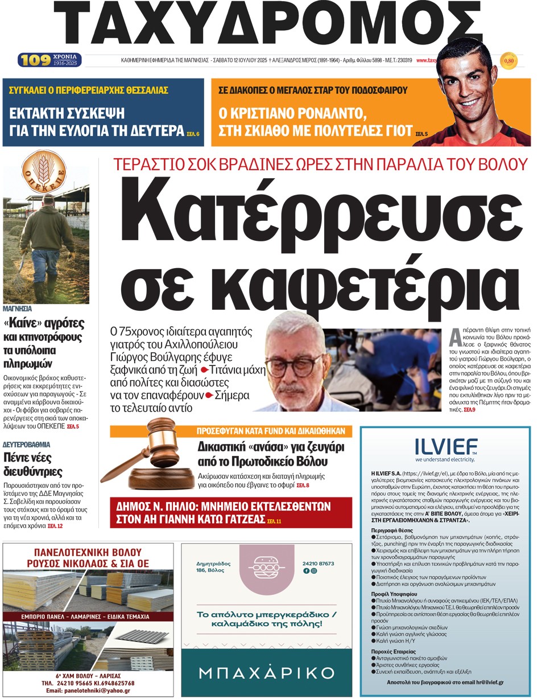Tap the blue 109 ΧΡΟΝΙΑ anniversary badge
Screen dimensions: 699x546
(50, 60)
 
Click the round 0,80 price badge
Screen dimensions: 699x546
(508, 60)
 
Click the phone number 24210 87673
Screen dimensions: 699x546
(318, 564)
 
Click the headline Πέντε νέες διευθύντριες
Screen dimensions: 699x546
(33, 466)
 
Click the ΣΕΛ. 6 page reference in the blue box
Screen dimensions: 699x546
(193, 134)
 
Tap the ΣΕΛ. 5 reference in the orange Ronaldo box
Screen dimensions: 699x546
(421, 134)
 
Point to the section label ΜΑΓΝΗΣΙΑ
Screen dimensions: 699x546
(17, 309)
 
